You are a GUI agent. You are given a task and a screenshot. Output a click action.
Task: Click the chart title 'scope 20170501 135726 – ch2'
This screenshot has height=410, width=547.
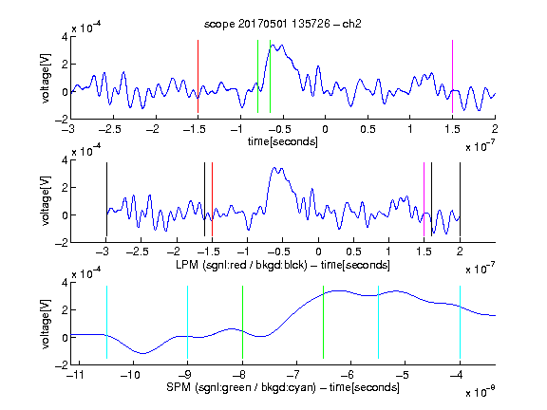tap(283, 24)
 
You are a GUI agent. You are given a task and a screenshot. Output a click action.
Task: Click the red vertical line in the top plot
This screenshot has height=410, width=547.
tap(198, 76)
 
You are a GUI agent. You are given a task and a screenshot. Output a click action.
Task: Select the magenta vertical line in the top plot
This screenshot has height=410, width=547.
tap(452, 76)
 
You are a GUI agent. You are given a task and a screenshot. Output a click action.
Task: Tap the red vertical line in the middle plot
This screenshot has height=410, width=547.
tap(212, 199)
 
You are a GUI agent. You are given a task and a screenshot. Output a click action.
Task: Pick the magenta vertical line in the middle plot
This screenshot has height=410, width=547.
tap(424, 199)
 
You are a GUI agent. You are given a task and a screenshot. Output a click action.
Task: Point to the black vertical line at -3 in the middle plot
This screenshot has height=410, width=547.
tap(106, 199)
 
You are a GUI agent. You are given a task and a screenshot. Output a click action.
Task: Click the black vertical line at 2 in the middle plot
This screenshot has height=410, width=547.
tap(460, 199)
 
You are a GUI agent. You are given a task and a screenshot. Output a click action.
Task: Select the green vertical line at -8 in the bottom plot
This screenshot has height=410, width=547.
tap(242, 322)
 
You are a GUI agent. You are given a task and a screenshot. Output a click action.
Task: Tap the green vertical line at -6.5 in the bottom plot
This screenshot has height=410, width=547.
tap(324, 322)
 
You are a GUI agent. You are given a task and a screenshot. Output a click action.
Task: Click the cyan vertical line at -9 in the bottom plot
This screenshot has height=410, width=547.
tap(187, 322)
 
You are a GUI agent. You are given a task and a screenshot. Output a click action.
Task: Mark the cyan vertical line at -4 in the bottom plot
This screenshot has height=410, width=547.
tap(460, 322)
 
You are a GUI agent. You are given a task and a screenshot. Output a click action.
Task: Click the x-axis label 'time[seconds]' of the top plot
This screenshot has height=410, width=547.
tap(283, 141)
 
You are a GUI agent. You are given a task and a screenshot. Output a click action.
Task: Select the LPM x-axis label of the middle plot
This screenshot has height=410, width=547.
tap(283, 265)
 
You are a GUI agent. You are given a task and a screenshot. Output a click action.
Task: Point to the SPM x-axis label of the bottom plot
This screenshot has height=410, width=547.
tap(283, 387)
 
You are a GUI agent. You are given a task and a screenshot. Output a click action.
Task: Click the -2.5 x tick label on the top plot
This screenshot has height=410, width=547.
tap(110, 129)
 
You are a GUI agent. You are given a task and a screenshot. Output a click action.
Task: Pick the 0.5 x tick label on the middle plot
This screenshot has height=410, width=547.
tap(353, 252)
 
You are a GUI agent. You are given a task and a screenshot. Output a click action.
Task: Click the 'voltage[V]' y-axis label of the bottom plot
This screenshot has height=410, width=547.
tap(46, 324)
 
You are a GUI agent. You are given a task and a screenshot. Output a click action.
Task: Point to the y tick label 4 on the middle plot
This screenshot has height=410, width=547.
tap(65, 160)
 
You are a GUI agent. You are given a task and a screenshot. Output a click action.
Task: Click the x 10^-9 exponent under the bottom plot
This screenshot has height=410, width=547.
tap(480, 392)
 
